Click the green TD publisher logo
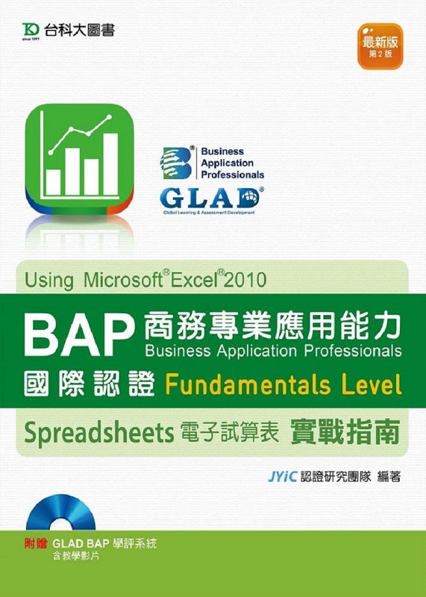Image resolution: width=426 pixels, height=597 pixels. point(31,29)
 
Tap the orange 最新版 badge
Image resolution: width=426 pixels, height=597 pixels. point(380,46)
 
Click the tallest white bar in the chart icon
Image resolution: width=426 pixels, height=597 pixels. point(110,164)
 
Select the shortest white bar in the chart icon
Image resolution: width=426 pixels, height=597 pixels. point(53,182)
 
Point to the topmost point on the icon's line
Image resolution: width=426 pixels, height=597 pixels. point(110,117)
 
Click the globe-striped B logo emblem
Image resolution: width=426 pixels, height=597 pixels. point(176,163)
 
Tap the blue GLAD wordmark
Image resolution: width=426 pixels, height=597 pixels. point(210,198)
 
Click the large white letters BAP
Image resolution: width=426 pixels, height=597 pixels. point(79,335)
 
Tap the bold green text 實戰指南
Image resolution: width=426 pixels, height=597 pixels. point(345,432)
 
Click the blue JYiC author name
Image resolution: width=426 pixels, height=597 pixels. point(282,476)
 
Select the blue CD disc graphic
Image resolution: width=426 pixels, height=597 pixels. point(61,512)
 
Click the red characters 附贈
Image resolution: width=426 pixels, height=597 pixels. point(35,543)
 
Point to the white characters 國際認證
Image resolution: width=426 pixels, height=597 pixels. point(90,384)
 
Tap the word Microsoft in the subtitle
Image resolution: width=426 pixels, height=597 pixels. point(122,280)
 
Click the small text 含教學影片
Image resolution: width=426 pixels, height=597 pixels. point(76,556)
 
